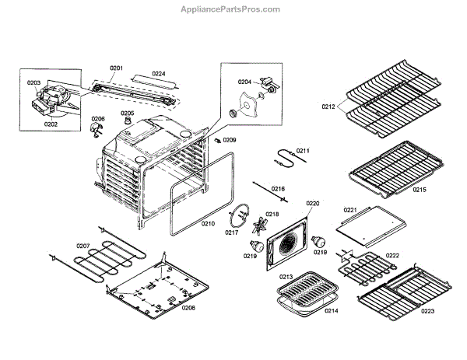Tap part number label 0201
click(116, 69)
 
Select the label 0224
click(158, 74)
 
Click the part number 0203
click(33, 82)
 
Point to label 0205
click(127, 114)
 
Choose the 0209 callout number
click(229, 140)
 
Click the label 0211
click(303, 150)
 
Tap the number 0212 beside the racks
click(328, 107)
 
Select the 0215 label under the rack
click(419, 190)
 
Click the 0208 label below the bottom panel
click(188, 307)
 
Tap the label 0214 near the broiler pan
click(332, 311)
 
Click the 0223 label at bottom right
click(427, 311)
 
